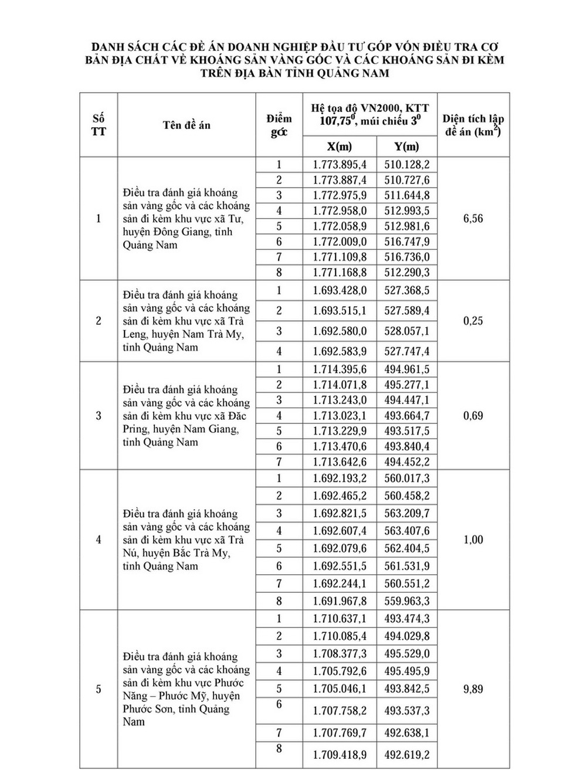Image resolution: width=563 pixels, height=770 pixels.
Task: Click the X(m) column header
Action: pos(340,147)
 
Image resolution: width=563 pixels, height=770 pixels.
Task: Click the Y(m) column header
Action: pos(407,147)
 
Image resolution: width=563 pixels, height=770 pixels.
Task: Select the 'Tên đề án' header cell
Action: pos(186,125)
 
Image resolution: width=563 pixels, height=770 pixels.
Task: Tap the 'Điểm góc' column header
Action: pos(279,125)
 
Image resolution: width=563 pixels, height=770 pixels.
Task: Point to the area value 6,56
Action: pos(473,219)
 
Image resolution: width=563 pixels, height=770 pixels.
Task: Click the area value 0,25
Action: pos(473,321)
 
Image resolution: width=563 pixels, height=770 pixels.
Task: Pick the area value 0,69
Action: pos(473,416)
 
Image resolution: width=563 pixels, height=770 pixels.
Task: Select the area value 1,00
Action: pos(473,540)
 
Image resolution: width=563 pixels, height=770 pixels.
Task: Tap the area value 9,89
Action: pos(473,689)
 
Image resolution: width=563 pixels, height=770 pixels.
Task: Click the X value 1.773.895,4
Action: pos(340,165)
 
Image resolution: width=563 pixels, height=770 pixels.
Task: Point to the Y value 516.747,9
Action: pos(407,242)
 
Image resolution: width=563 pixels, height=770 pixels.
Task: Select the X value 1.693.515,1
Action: pos(340,311)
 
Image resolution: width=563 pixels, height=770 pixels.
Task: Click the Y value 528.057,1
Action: pos(407,331)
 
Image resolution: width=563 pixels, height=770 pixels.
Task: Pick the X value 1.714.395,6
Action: pos(340,369)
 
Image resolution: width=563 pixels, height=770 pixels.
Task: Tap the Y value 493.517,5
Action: pos(407,431)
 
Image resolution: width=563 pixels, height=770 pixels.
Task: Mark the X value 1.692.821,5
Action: pos(340,513)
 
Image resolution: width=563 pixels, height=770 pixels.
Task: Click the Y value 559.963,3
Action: pos(407,601)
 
